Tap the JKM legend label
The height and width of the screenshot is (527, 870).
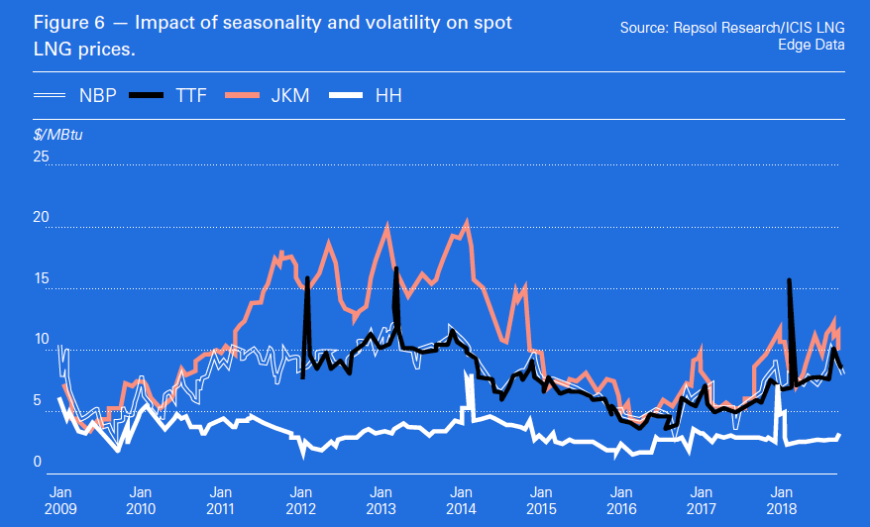click(x=293, y=95)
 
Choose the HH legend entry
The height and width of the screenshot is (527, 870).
click(x=387, y=95)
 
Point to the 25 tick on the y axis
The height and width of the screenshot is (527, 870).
click(x=41, y=157)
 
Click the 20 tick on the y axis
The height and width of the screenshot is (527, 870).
click(x=41, y=217)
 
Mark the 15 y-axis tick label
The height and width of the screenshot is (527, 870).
click(x=41, y=278)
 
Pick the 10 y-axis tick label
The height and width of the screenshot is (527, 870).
click(x=41, y=340)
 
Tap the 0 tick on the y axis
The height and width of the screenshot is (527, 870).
click(x=37, y=462)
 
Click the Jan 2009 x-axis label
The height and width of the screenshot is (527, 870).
click(x=60, y=499)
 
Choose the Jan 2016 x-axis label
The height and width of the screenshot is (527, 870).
click(x=620, y=499)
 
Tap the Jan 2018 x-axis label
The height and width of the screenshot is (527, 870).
click(x=781, y=499)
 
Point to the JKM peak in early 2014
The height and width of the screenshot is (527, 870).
click(x=467, y=222)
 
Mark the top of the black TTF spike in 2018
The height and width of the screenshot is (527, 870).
click(x=789, y=280)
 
